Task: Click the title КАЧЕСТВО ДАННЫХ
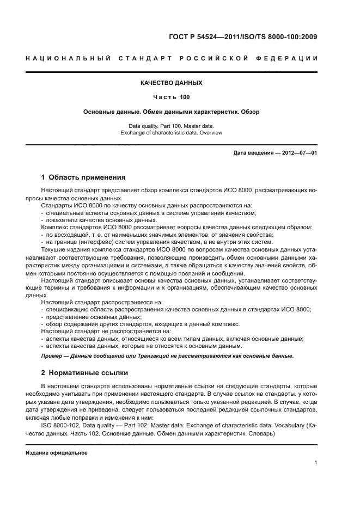pos(172,83)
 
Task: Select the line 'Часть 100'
pos(172,97)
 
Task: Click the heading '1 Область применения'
pos(83,177)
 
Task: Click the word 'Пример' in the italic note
pos(52,356)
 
